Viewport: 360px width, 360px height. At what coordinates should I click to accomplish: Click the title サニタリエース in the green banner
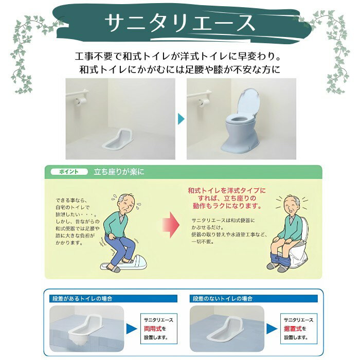(180, 23)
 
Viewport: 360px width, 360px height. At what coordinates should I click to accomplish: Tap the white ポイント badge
(69, 172)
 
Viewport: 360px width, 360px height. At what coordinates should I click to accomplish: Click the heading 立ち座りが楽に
(119, 172)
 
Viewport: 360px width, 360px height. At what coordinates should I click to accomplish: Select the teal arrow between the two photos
(181, 119)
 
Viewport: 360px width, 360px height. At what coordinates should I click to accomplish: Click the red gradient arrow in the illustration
(171, 225)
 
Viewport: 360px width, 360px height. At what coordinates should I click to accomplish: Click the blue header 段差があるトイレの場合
(82, 299)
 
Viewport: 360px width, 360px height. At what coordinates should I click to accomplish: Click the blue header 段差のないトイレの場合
(223, 299)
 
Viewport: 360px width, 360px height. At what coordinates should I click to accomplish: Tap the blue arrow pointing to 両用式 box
(131, 329)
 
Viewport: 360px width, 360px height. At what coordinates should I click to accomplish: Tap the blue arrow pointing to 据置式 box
(272, 329)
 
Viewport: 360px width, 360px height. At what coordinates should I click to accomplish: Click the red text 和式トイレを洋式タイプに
(227, 191)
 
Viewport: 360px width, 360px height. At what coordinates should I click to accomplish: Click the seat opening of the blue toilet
(237, 119)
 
